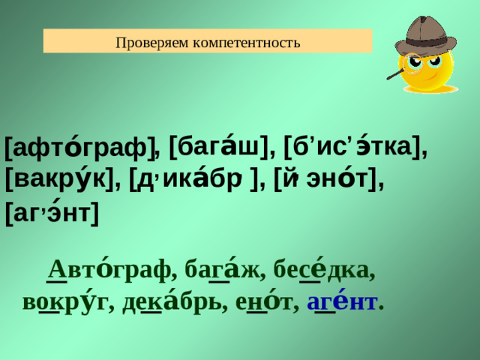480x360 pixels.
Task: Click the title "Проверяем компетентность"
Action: coord(208,41)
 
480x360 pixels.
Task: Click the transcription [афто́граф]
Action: coord(79,147)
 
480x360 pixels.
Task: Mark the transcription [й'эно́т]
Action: coord(327,180)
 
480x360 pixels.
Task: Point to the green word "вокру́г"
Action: coord(64,302)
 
